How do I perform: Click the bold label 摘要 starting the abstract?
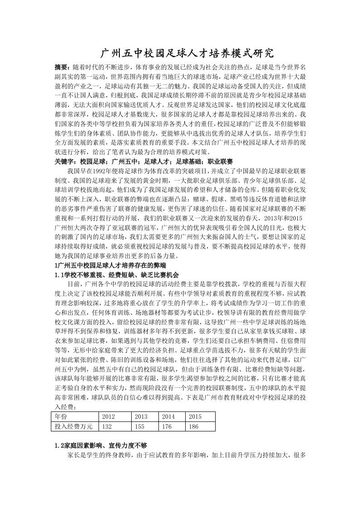tap(62, 66)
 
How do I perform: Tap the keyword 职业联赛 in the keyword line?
tap(220, 162)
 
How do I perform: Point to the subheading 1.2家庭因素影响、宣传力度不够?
tap(100, 445)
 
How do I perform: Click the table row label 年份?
tap(61, 416)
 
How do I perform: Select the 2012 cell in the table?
tap(108, 416)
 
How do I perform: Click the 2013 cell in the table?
tap(141, 416)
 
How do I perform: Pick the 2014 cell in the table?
tap(168, 416)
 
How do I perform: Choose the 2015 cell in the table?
tap(195, 416)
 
